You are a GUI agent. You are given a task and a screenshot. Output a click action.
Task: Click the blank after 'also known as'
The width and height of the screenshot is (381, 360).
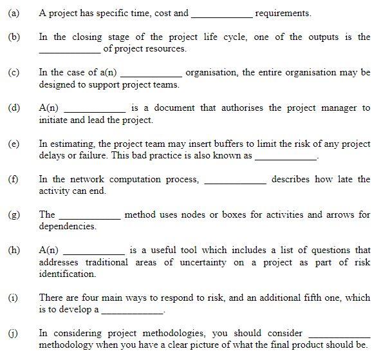(x=286, y=156)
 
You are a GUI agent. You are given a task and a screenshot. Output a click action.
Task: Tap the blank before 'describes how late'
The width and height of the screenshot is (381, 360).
(x=235, y=180)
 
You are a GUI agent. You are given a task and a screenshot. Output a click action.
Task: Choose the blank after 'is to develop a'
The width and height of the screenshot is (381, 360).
(x=133, y=310)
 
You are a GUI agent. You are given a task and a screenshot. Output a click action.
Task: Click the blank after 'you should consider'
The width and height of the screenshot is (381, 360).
(x=339, y=334)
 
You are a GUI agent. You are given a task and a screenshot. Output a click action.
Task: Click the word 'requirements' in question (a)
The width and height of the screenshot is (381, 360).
(x=283, y=13)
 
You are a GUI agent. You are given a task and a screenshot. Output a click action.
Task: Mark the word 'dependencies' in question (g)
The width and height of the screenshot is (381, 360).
(x=67, y=227)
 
